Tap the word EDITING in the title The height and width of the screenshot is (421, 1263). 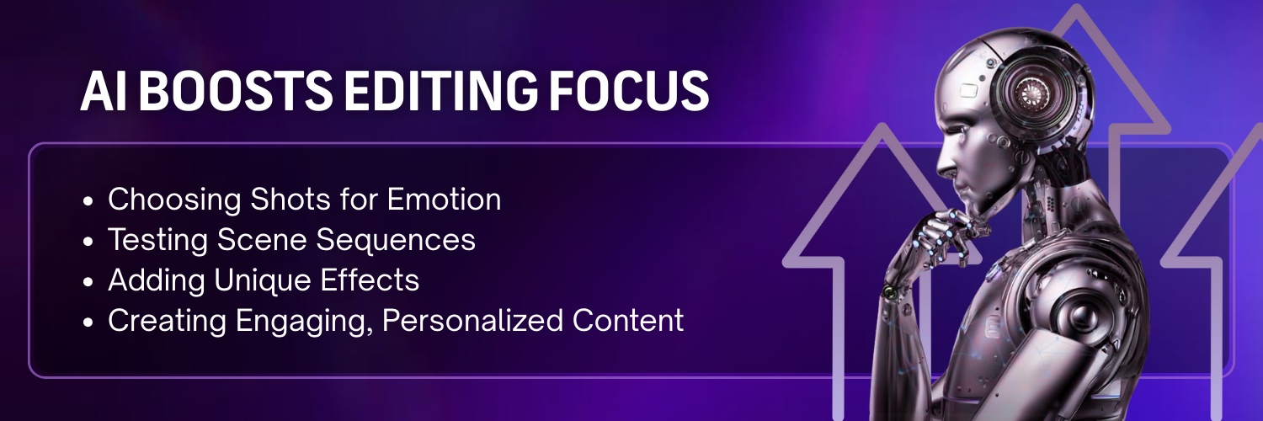click(429, 93)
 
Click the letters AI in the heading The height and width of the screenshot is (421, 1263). click(98, 93)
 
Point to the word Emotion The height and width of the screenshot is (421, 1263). click(444, 200)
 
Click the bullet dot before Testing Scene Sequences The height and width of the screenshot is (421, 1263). click(89, 242)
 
